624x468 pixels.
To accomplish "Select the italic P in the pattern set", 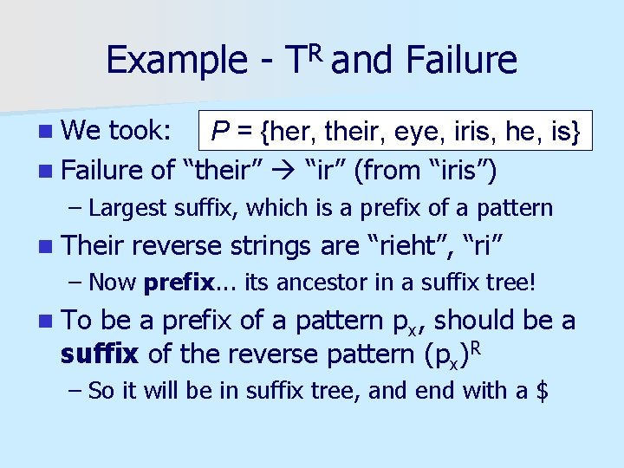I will tap(221, 131).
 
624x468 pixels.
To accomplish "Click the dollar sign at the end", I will tap(543, 391).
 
